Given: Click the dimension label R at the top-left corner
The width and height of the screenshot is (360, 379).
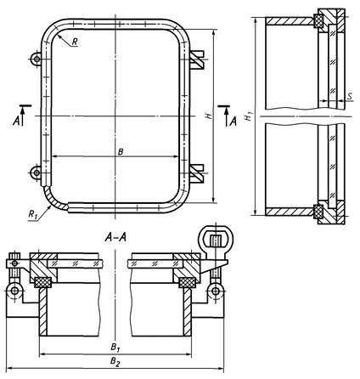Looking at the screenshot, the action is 75,42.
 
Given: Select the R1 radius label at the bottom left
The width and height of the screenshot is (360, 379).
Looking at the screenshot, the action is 32,214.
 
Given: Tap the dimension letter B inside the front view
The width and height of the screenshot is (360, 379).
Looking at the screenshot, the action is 121,152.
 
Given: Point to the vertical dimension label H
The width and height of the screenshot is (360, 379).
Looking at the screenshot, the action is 209,116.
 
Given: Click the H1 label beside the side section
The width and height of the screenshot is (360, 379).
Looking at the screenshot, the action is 249,116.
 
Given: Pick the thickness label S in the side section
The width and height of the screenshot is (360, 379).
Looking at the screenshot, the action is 350,96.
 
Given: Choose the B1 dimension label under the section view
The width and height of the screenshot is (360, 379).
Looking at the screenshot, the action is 115,347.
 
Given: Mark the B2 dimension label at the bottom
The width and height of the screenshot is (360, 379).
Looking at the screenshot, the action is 115,362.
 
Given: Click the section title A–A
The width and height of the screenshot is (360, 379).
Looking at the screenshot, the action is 115,237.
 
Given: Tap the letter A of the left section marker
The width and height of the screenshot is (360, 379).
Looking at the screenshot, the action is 16,122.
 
